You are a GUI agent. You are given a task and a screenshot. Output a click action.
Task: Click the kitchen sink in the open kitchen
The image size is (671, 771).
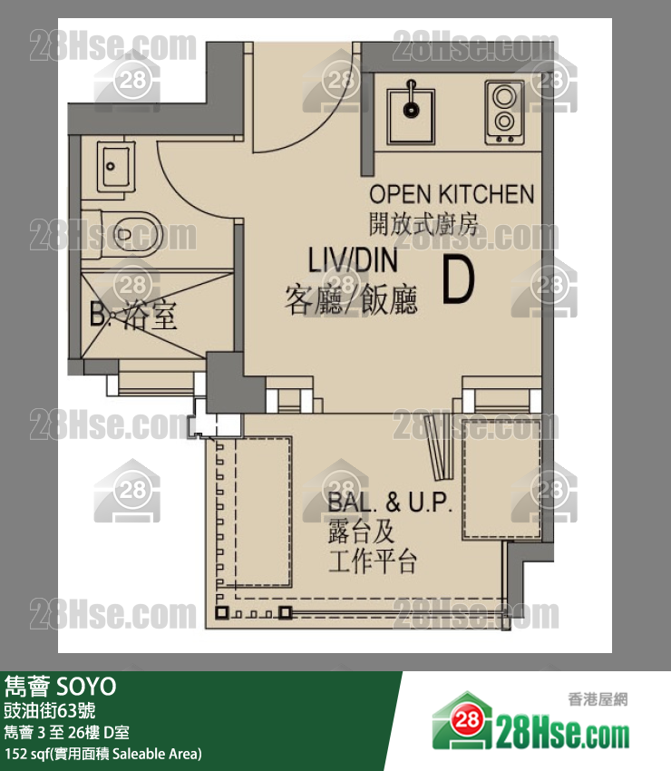coord(411,115)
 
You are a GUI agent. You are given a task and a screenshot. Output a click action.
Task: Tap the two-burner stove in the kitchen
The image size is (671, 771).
coord(504,112)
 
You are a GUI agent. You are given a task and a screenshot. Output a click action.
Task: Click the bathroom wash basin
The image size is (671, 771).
coord(115,166)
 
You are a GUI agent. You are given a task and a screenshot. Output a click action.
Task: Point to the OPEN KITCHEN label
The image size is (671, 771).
coord(452,194)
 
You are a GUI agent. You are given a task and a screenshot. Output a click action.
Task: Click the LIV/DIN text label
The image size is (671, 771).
coord(353,260)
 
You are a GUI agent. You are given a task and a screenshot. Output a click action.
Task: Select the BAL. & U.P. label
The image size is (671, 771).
coord(389,502)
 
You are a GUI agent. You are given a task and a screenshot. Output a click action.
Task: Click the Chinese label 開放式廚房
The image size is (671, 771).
coord(423,224)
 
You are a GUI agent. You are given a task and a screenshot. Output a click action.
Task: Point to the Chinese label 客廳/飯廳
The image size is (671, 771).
coord(352,299)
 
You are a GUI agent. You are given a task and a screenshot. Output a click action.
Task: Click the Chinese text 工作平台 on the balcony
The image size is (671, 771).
coord(373,561)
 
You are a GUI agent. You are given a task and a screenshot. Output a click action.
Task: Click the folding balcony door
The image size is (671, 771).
coord(439,446)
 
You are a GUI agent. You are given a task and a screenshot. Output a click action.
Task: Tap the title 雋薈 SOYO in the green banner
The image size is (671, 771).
coord(61,687)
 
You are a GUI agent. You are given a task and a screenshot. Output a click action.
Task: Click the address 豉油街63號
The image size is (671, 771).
coord(50,711)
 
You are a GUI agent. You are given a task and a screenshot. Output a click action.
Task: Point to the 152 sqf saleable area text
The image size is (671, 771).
coord(103,754)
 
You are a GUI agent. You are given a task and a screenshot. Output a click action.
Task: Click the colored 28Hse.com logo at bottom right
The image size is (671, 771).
coord(530,722)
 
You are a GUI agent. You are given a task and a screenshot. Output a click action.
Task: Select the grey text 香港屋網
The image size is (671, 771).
coord(598,699)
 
